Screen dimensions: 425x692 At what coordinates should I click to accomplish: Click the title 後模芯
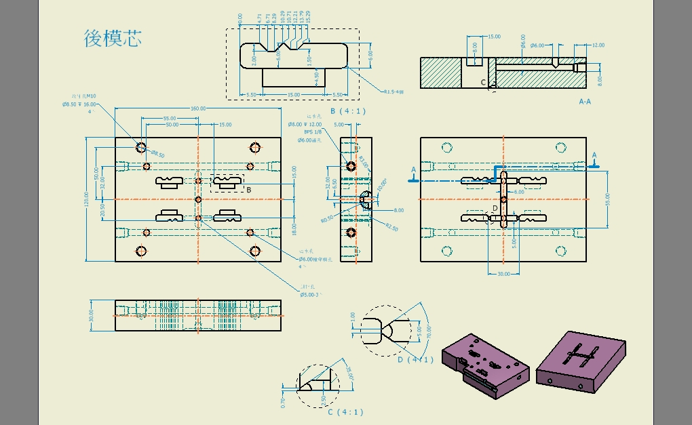tap(113, 38)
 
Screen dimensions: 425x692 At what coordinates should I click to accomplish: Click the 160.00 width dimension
tap(198, 109)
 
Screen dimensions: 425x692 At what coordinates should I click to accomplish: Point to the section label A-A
tap(585, 101)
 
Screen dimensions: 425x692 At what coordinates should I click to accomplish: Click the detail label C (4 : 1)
tap(345, 412)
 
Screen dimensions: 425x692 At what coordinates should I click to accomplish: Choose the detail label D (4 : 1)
tap(415, 360)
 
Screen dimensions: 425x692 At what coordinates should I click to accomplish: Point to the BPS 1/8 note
tap(313, 132)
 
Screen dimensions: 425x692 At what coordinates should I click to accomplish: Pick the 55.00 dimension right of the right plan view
tap(608, 199)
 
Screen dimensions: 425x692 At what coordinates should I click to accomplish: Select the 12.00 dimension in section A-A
tap(598, 45)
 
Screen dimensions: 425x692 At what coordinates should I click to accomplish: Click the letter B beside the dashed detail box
tap(249, 190)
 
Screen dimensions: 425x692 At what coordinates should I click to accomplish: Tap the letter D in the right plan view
tap(495, 207)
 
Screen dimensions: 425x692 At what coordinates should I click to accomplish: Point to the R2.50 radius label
tap(391, 228)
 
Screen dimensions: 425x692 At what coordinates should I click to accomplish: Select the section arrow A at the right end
tap(595, 155)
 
